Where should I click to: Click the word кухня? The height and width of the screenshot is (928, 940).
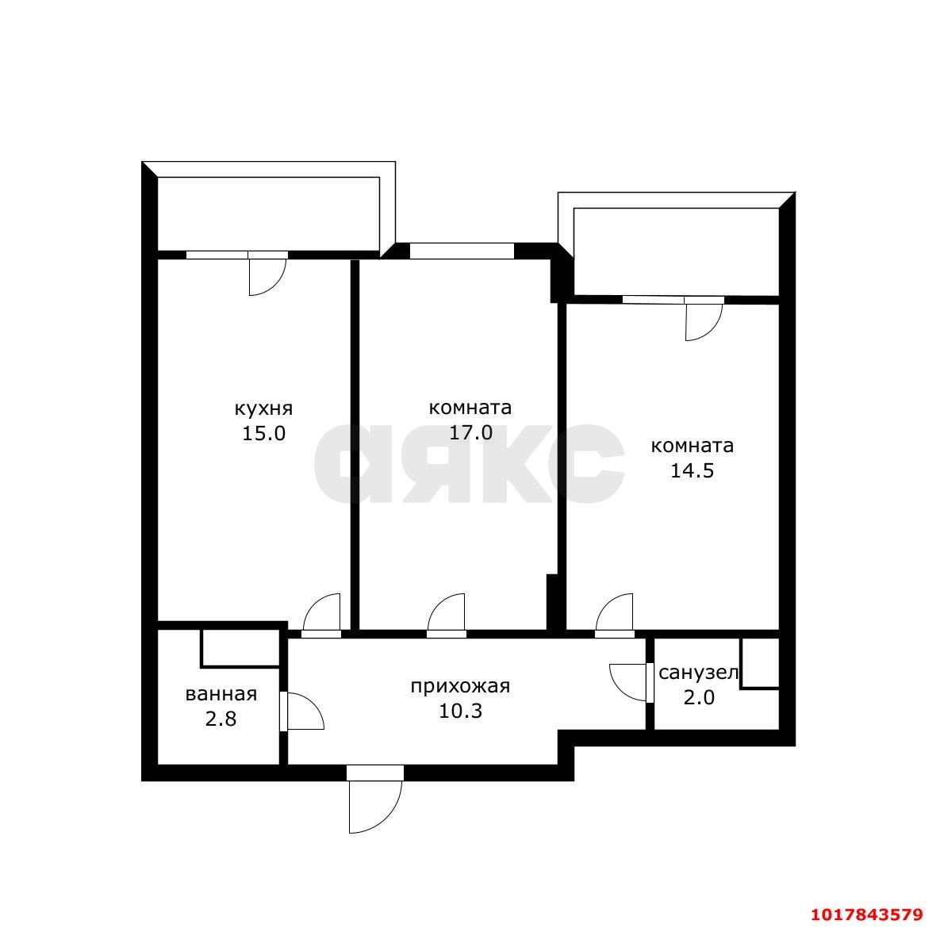[263, 409]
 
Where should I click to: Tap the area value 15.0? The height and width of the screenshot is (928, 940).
[264, 433]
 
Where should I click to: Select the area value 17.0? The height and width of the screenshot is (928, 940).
[470, 432]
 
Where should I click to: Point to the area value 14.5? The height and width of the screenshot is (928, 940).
[692, 470]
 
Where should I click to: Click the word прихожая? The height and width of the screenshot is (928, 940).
[460, 686]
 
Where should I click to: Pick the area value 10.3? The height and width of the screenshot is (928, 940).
[460, 711]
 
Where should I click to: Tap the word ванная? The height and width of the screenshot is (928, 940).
[221, 694]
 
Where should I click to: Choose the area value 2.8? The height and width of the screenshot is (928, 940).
[221, 719]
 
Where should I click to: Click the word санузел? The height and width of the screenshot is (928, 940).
[698, 673]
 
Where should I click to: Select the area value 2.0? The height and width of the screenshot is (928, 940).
[699, 698]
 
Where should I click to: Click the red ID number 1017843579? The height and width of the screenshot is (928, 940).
[867, 915]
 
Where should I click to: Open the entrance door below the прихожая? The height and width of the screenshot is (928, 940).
[374, 800]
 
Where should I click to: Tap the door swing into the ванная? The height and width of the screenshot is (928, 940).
[302, 711]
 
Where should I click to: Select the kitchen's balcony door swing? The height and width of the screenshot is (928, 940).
[267, 274]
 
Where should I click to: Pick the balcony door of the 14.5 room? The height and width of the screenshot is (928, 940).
[704, 319]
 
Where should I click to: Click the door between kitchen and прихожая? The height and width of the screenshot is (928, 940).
[322, 615]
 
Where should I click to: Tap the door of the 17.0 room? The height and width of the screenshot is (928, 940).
[447, 615]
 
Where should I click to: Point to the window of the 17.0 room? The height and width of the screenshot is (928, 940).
[462, 251]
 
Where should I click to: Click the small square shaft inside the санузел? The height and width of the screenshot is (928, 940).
[760, 663]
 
